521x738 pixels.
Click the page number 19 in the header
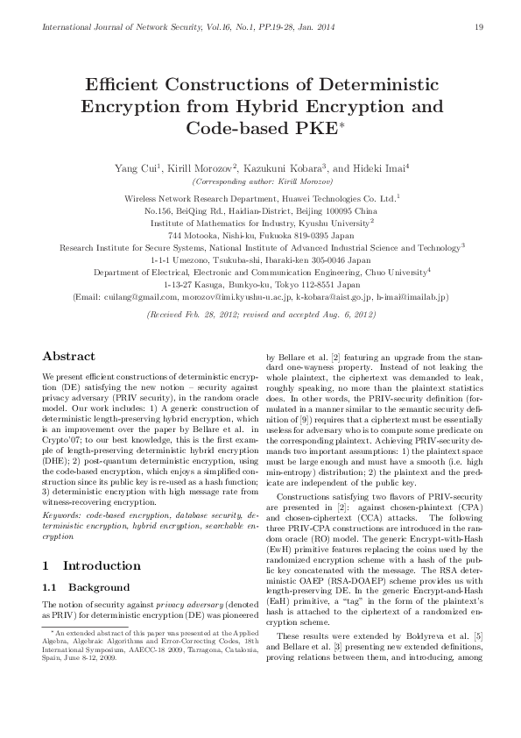pos(478,27)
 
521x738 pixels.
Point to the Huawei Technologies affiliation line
pos(260,199)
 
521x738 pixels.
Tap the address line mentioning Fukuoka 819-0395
pos(260,236)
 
